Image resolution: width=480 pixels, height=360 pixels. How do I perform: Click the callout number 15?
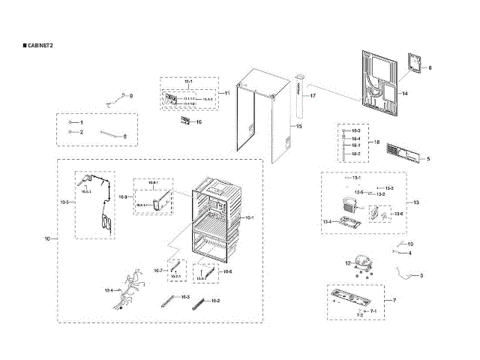299,127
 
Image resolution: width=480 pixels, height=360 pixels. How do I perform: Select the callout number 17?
313,97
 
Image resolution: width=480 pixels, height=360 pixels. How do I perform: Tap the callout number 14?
403,94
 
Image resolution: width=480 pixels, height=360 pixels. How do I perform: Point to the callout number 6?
430,68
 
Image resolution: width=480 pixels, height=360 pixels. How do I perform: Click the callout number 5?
427,159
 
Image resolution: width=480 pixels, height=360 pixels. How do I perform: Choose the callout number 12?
347,263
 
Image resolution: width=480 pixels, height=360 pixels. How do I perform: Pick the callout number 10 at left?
46,238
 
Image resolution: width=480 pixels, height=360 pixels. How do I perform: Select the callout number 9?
130,97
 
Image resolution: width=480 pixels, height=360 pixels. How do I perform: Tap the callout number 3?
421,276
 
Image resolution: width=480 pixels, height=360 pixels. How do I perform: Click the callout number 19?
410,244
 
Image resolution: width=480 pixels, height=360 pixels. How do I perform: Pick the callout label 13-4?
327,222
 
